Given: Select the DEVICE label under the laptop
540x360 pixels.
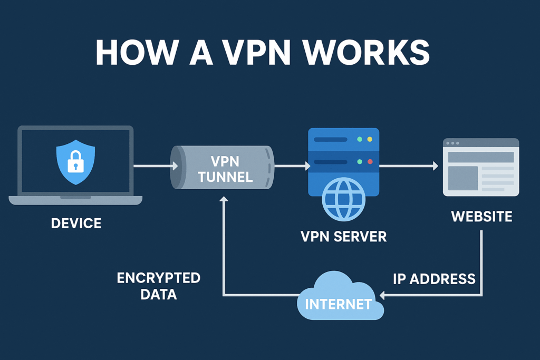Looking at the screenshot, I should tap(76, 223).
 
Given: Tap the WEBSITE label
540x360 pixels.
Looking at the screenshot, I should tap(481, 216).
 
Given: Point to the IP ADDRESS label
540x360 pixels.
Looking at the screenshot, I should tap(434, 279).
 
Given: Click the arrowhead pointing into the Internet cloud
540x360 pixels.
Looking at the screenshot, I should tap(383, 296).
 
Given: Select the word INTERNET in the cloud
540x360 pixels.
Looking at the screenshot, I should tap(337, 304).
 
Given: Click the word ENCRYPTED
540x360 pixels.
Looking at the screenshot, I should tap(158, 278).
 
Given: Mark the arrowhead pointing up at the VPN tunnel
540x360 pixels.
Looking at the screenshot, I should tap(224, 199).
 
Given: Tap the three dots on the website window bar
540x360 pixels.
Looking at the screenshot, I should tap(452, 143).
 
